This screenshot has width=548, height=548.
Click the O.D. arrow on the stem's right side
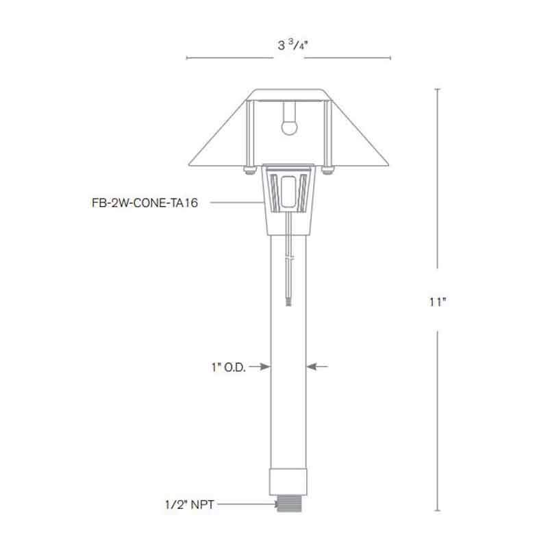tap(317, 367)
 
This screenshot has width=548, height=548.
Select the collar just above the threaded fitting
tap(288, 480)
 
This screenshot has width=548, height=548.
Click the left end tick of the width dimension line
tap(187, 58)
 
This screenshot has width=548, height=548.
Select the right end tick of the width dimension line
tap(390, 58)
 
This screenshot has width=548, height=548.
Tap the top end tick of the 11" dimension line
tap(438, 90)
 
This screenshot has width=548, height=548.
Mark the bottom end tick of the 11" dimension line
tap(438, 511)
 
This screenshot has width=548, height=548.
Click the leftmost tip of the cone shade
tap(190, 164)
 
